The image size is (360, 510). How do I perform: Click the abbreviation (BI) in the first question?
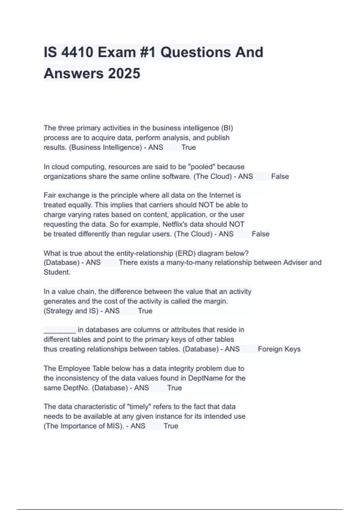tap(227, 128)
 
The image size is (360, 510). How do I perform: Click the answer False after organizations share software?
tap(280, 176)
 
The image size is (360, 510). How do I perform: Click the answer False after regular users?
tap(260, 234)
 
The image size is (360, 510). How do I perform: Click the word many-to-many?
tap(193, 263)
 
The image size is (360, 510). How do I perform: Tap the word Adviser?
tap(295, 263)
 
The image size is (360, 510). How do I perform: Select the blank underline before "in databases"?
tap(59, 330)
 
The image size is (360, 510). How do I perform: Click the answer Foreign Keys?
tap(279, 349)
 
